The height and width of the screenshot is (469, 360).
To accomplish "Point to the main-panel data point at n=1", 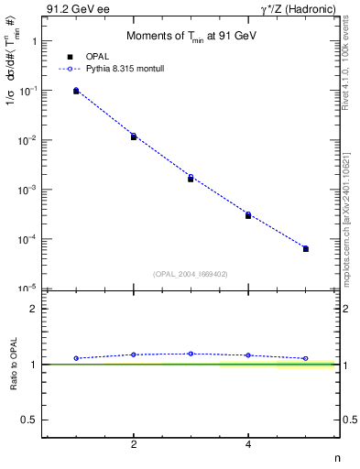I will point(76,91).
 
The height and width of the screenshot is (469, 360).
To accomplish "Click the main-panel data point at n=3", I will point(191,178).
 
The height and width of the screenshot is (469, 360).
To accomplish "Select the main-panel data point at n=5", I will point(306,248).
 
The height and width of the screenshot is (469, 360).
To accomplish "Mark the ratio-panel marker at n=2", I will point(134,354).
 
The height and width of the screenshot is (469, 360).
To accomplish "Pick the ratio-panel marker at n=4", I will point(248,355).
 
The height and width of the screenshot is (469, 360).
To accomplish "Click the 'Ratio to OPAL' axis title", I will point(14,364).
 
